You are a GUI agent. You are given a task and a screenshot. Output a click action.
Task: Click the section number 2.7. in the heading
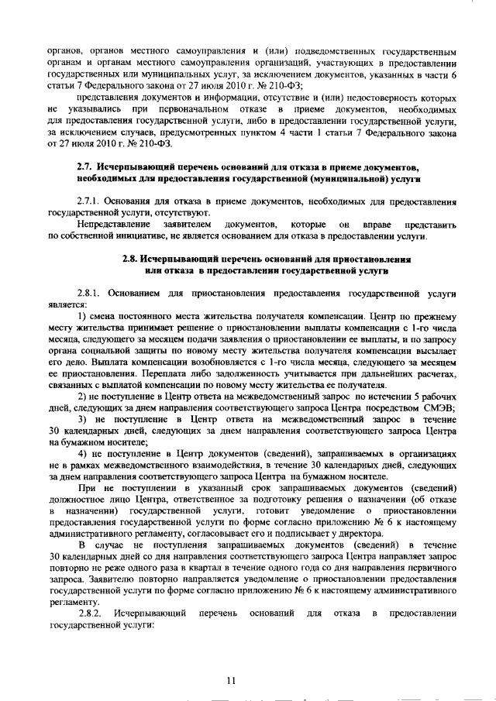click(x=87, y=167)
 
